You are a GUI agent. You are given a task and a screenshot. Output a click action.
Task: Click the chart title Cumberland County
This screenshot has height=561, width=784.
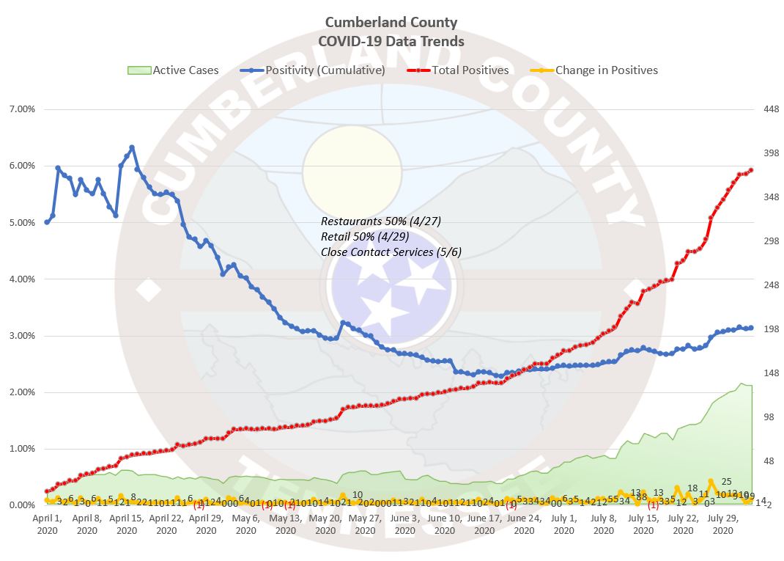point(391,23)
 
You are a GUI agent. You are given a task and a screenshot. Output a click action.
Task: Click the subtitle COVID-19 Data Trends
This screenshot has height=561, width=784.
point(391,41)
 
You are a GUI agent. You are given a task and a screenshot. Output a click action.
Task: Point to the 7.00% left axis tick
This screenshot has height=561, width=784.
point(21,109)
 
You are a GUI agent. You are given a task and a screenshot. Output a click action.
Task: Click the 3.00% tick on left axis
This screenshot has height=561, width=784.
point(21,336)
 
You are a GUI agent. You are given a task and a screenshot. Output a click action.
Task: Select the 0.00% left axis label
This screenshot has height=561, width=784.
point(21,505)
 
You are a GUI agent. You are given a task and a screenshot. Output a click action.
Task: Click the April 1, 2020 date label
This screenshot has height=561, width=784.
point(47,524)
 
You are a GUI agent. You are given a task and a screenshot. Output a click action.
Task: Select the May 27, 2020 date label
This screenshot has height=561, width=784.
point(366,524)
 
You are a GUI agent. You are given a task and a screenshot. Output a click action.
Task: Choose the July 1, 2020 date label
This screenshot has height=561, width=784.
point(564,524)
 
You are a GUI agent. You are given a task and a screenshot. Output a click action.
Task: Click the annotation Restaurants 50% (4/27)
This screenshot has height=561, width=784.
point(381,221)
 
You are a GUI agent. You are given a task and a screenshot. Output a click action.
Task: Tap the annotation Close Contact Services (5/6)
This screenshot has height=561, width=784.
point(391,252)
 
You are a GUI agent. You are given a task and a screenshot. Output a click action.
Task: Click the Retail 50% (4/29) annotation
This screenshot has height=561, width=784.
point(365,236)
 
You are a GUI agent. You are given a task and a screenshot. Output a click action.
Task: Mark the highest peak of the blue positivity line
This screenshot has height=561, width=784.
point(132,147)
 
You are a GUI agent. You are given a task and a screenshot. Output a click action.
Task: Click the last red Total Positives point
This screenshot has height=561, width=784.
point(751,170)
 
